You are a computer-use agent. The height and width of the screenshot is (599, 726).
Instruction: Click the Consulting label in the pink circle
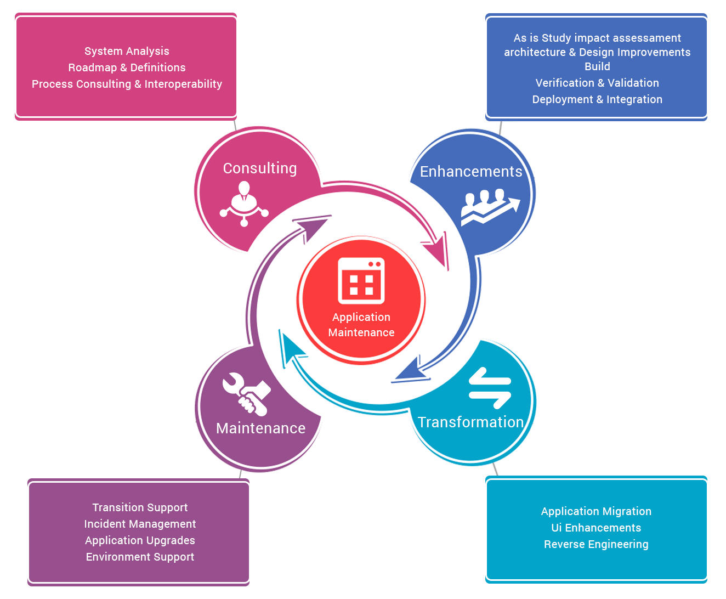tap(259, 168)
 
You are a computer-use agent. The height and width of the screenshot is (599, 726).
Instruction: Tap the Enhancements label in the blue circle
tap(471, 172)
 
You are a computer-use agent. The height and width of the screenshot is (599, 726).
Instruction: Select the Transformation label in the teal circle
tap(470, 422)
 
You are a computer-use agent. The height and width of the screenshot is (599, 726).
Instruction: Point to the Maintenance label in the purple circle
tap(260, 428)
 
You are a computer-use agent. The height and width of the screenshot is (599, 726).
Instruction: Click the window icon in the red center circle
tap(361, 281)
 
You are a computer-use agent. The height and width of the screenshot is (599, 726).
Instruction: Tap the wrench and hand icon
tap(246, 393)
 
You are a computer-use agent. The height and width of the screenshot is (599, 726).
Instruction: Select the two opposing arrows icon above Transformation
tap(490, 388)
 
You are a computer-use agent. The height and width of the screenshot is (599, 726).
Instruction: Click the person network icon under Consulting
tap(244, 204)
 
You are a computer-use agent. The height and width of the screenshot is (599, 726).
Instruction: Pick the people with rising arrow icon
tap(490, 207)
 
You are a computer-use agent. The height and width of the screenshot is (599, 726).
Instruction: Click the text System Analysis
tap(127, 51)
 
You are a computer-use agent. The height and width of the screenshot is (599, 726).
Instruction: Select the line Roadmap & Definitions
tap(127, 67)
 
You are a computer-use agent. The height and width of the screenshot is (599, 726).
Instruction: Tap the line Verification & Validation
tap(597, 83)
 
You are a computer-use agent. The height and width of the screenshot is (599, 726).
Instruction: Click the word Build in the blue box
tap(597, 66)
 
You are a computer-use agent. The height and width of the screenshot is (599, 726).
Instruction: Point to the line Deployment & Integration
tap(597, 99)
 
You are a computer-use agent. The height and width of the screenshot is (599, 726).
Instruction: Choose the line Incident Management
tap(140, 524)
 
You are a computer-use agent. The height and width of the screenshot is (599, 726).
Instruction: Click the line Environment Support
tap(140, 557)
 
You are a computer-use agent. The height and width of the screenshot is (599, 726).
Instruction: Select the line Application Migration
tap(596, 511)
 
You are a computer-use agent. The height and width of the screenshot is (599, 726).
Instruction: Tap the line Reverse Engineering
tap(596, 544)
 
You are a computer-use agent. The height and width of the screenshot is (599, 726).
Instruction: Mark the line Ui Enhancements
tap(596, 528)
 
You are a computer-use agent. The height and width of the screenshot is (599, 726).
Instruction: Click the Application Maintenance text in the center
tap(361, 325)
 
